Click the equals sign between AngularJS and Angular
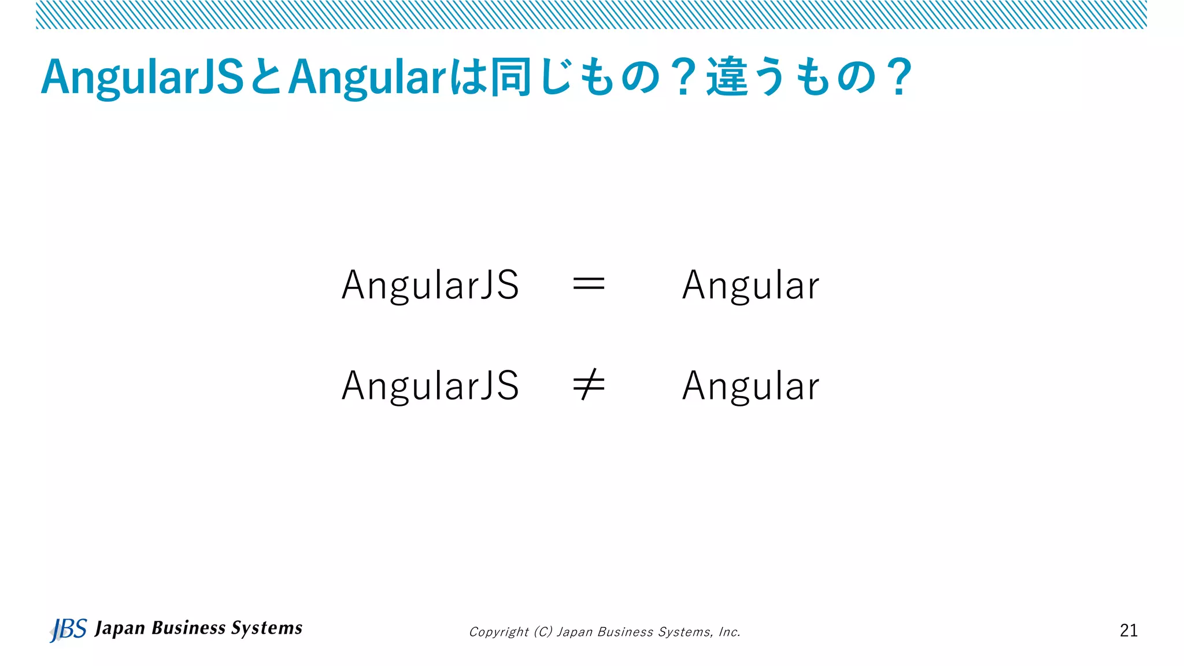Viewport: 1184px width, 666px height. click(x=589, y=284)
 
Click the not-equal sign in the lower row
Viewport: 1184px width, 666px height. click(x=589, y=386)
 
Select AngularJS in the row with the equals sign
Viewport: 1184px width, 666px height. click(x=430, y=285)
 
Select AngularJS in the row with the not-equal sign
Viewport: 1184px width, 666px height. click(x=430, y=386)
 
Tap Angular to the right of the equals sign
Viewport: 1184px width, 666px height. click(x=750, y=285)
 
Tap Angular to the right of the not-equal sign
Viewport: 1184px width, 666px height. click(x=750, y=386)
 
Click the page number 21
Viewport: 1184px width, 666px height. click(x=1128, y=630)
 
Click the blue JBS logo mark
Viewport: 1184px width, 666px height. click(x=68, y=630)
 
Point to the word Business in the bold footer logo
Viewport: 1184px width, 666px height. click(x=188, y=628)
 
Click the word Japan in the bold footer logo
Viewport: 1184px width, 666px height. click(x=120, y=628)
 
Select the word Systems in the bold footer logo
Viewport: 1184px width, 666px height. click(x=267, y=628)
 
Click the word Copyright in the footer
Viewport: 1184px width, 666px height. click(x=498, y=632)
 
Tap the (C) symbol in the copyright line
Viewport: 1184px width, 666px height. click(x=543, y=632)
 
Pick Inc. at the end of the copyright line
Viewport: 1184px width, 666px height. click(x=729, y=632)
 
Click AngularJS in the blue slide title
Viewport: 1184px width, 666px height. click(x=142, y=77)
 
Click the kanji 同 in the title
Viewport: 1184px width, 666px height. click(x=510, y=77)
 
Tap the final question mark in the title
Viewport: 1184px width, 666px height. click(x=900, y=77)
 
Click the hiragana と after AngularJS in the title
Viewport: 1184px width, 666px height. click(x=266, y=77)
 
